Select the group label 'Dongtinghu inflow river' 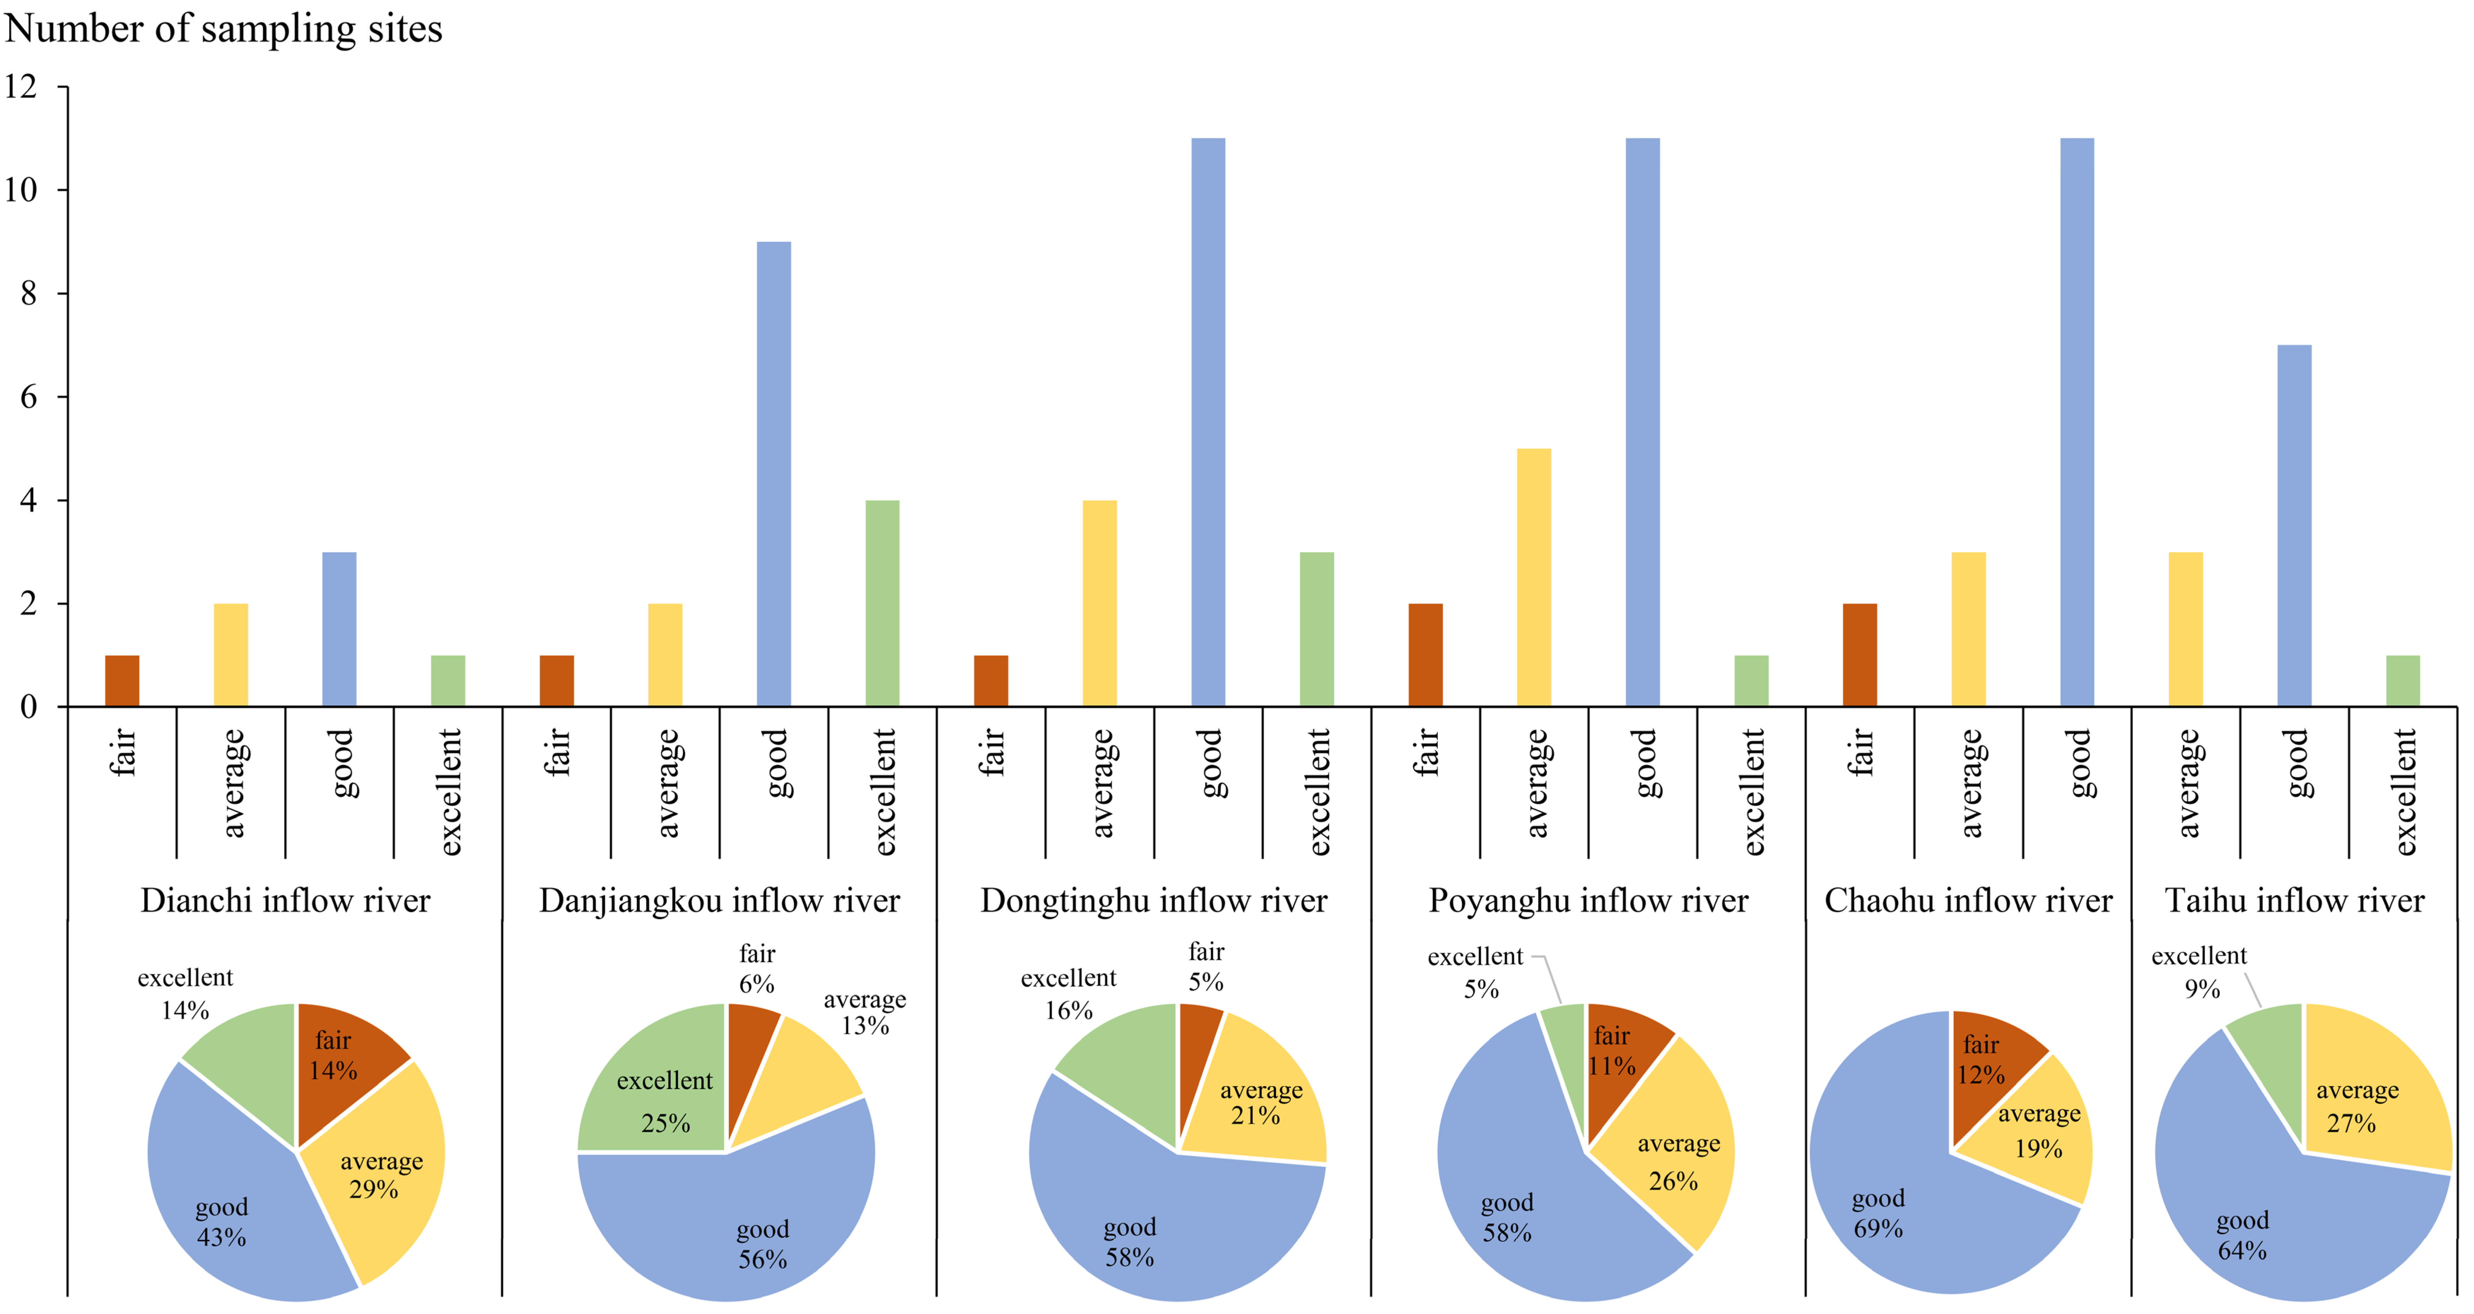pyautogui.click(x=1153, y=901)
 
